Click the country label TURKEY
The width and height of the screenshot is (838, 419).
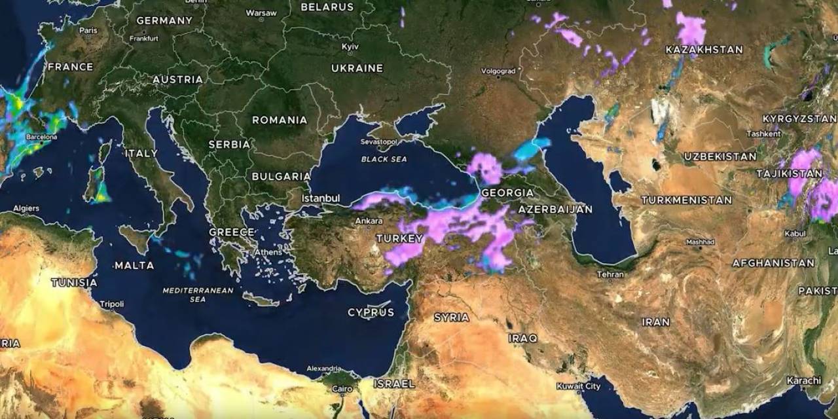click(399, 238)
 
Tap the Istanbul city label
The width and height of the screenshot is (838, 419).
click(320, 198)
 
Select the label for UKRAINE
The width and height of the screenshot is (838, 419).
click(357, 68)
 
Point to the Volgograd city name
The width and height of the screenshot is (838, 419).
click(498, 71)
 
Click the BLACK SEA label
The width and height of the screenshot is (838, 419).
click(384, 159)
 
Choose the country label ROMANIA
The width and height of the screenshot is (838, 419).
click(280, 120)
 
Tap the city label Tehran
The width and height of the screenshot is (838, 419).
click(610, 274)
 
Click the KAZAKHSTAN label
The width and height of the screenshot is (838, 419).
click(704, 50)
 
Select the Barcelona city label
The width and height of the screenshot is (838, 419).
click(41, 137)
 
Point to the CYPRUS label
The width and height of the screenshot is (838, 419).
click(371, 312)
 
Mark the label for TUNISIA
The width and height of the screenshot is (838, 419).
click(74, 283)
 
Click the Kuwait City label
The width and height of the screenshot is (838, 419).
click(578, 386)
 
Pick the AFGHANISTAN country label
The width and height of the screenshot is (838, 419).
click(773, 263)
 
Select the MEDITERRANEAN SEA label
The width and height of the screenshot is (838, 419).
click(189, 295)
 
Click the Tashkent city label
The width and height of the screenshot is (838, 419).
click(763, 134)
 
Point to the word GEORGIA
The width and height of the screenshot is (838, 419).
click(507, 192)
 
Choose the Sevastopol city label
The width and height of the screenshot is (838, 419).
click(378, 141)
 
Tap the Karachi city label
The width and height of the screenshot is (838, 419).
click(804, 380)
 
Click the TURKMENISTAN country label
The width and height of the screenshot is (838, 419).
click(686, 200)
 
